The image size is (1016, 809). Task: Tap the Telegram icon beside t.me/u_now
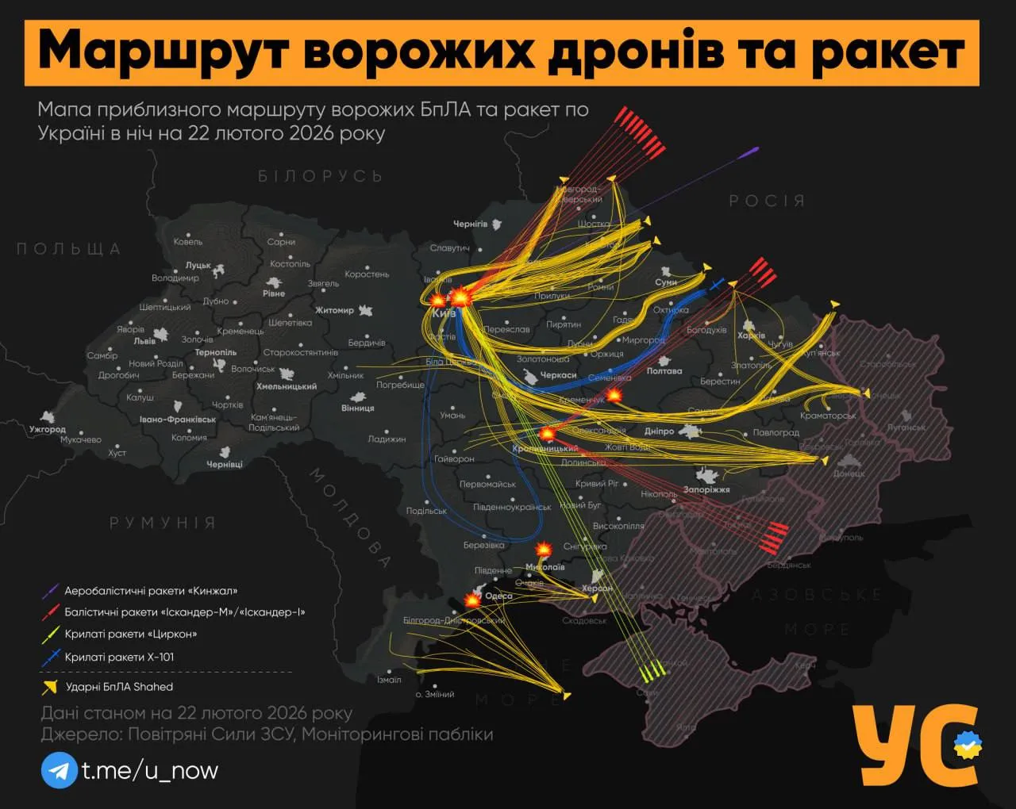(59, 770)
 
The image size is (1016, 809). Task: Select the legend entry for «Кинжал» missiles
(151, 591)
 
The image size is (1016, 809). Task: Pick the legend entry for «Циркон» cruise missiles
(131, 634)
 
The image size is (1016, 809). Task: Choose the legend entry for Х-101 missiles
(119, 657)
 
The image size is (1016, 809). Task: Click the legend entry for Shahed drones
(119, 687)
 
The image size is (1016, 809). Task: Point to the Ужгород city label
(48, 429)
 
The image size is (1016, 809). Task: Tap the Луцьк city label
(198, 265)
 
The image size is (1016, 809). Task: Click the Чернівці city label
(225, 464)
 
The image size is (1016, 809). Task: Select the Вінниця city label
(357, 408)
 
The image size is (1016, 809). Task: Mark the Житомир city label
(334, 310)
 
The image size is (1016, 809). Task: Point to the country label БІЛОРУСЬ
(320, 176)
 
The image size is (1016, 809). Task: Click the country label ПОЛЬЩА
(69, 249)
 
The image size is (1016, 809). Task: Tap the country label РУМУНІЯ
(163, 523)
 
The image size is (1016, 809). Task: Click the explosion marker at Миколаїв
(544, 549)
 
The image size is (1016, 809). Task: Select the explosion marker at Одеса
(472, 600)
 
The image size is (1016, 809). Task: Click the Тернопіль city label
(216, 352)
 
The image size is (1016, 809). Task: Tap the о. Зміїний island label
(435, 694)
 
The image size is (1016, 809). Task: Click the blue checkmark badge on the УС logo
(968, 746)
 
